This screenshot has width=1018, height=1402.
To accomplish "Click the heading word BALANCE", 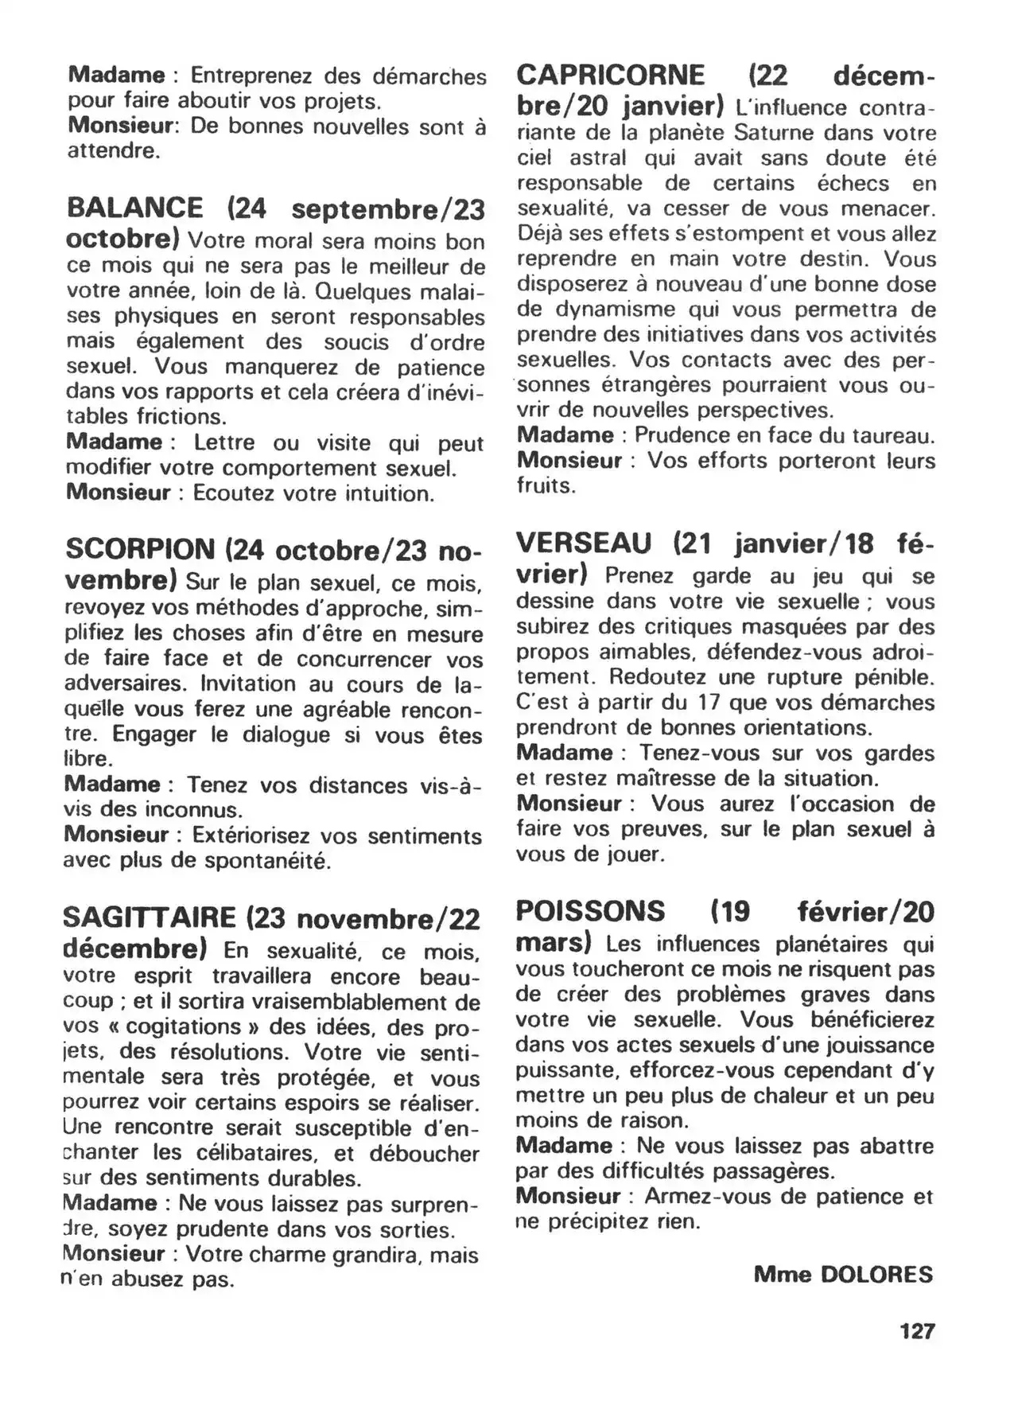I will tap(134, 208).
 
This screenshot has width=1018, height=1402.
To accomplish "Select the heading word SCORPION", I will tap(140, 550).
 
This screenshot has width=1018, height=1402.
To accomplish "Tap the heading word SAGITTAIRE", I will tap(150, 918).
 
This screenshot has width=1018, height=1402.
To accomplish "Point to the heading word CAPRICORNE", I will tap(610, 76).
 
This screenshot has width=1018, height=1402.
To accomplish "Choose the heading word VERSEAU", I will tap(584, 543).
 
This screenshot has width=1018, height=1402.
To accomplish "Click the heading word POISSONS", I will tap(590, 911).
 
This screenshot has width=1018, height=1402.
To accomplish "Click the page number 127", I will tap(917, 1330).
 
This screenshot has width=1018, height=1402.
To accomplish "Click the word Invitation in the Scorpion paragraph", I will tap(248, 684).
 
